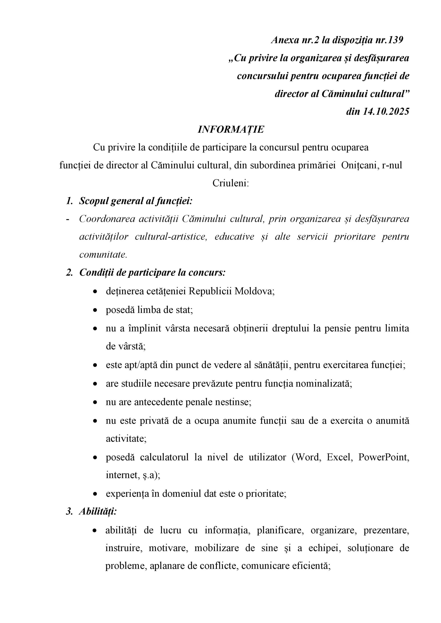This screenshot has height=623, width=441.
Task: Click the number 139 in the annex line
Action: coord(395,40)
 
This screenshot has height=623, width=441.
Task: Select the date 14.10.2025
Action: coord(386,111)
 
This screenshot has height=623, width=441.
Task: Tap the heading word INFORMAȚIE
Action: coord(231,129)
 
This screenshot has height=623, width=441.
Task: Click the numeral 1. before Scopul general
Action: coord(69,201)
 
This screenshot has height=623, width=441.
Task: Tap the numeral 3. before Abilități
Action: coord(69,511)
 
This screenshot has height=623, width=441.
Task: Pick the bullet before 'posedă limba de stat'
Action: coord(95,310)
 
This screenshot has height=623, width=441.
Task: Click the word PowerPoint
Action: coord(384,457)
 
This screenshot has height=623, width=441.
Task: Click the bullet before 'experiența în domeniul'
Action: coord(95,494)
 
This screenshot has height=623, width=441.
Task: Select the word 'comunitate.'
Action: coord(103,255)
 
